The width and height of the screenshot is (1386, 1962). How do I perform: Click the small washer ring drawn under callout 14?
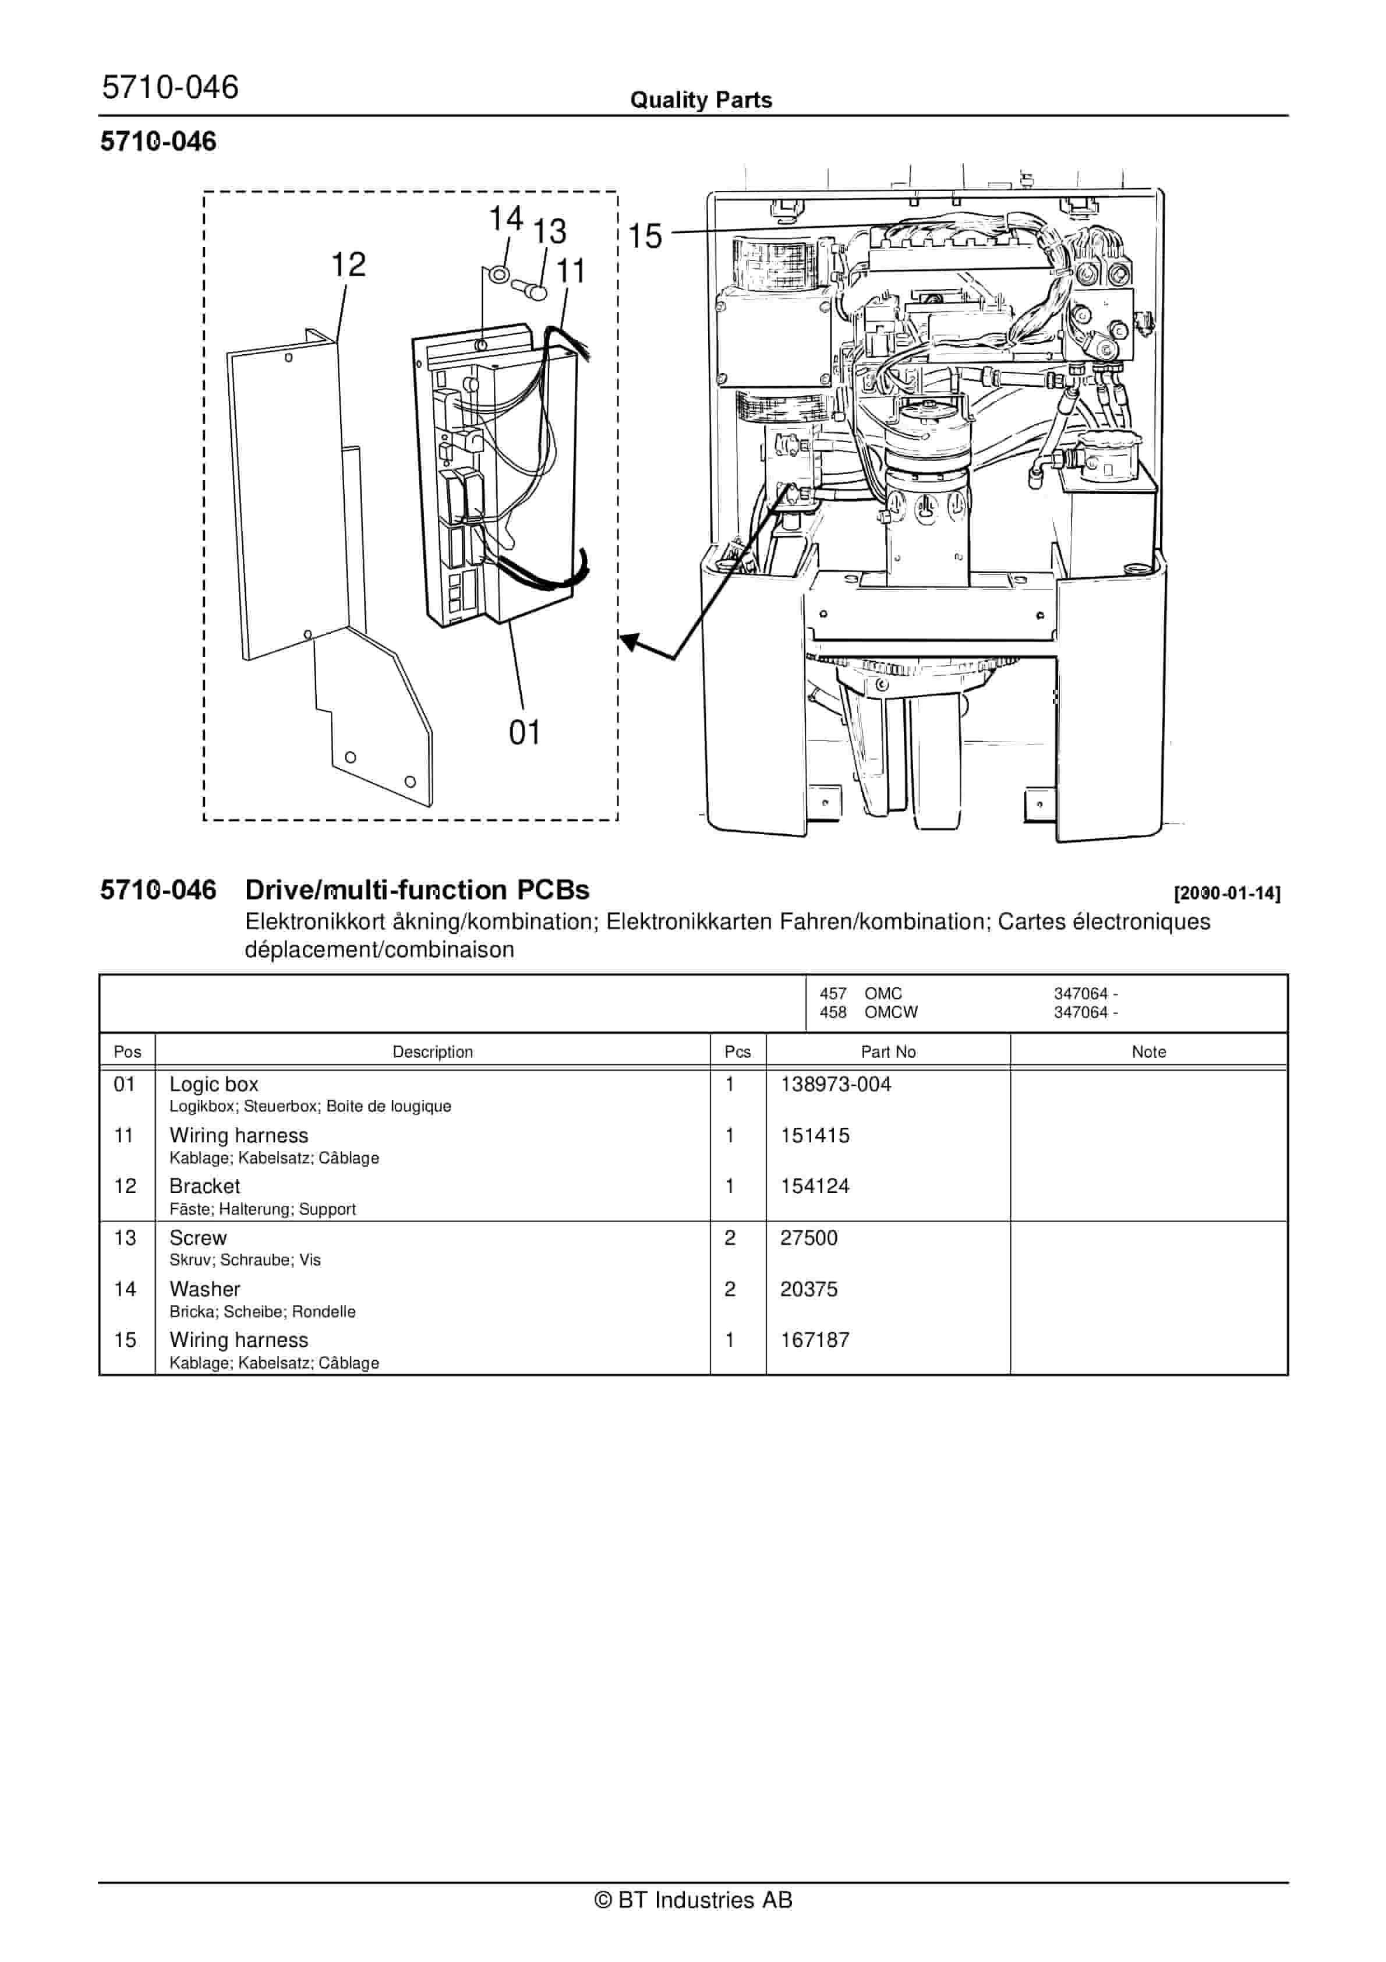[x=498, y=275]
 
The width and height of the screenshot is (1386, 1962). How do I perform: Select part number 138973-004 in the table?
[x=835, y=1084]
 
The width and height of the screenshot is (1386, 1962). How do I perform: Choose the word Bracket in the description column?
[x=204, y=1186]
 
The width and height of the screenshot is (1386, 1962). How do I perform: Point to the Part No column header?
[x=888, y=1052]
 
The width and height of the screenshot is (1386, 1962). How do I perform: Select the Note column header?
[x=1148, y=1052]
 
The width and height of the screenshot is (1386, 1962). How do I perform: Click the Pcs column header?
[x=737, y=1052]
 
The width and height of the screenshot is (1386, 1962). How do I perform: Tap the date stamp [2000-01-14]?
[x=1227, y=894]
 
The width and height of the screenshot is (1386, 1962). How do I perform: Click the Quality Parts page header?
[x=701, y=100]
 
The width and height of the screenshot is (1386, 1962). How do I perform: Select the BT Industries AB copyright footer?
[x=693, y=1900]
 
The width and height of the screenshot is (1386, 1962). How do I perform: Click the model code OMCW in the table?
[x=890, y=1012]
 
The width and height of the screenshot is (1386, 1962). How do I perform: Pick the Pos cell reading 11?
[x=124, y=1136]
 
